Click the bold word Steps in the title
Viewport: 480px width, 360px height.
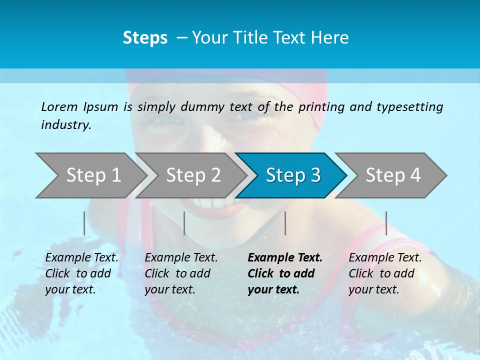click(x=145, y=38)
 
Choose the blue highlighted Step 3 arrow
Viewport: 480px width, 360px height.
click(x=292, y=175)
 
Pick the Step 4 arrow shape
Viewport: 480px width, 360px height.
click(x=392, y=175)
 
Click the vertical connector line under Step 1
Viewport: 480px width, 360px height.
click(x=84, y=223)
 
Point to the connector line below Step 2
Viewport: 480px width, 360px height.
click(x=184, y=223)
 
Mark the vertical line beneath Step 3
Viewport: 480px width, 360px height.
click(x=285, y=223)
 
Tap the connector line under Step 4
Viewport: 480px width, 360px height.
click(x=386, y=223)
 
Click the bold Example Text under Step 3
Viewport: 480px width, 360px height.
click(x=285, y=273)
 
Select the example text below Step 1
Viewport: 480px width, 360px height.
click(x=82, y=273)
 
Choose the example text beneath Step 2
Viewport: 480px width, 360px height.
click(x=181, y=273)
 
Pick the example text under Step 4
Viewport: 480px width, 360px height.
click(x=385, y=273)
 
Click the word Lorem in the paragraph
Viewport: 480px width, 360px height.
click(x=59, y=106)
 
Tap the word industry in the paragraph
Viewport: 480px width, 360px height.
click(x=66, y=124)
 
